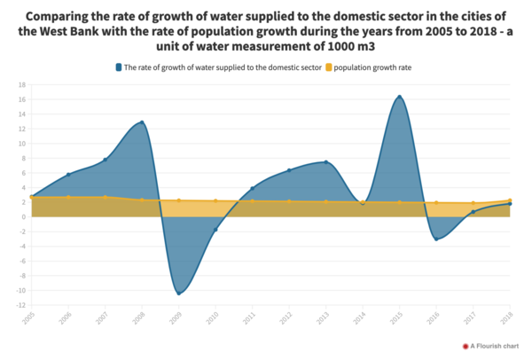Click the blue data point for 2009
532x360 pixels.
178,293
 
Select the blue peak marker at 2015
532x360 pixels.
400,97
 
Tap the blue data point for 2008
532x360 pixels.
142,122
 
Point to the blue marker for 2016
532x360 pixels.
436,239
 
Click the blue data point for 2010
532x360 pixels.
215,230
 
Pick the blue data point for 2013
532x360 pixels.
325,162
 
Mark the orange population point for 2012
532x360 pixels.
289,201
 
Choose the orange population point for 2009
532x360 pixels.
178,200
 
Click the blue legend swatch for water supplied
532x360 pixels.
119,67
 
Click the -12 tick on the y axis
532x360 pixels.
19,306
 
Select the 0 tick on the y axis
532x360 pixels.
21,217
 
